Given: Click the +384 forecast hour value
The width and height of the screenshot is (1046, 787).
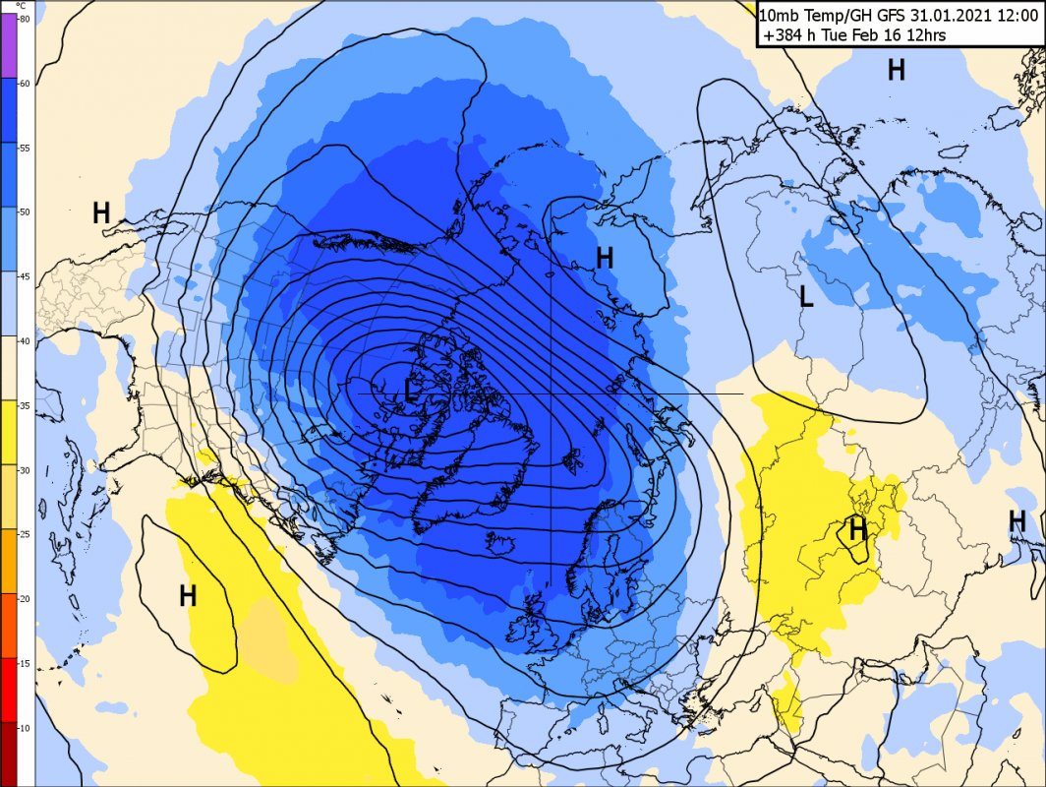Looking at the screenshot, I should pyautogui.click(x=783, y=34).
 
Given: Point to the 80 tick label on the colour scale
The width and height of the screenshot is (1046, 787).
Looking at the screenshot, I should pyautogui.click(x=25, y=19).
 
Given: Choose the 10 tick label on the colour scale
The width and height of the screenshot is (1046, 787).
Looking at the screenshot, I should pyautogui.click(x=25, y=728).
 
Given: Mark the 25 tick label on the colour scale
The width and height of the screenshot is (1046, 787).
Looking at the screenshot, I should pyautogui.click(x=25, y=535).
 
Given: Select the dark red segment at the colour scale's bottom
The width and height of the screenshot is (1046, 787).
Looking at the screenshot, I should pyautogui.click(x=9, y=754).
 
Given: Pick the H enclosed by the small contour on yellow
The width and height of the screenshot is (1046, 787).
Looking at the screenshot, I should pyautogui.click(x=858, y=529).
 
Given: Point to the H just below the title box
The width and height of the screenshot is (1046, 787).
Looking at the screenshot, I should pyautogui.click(x=896, y=69).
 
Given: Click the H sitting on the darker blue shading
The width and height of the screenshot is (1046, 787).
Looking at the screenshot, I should pyautogui.click(x=605, y=258).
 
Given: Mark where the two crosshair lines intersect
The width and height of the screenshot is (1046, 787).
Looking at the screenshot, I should pyautogui.click(x=551, y=393).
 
